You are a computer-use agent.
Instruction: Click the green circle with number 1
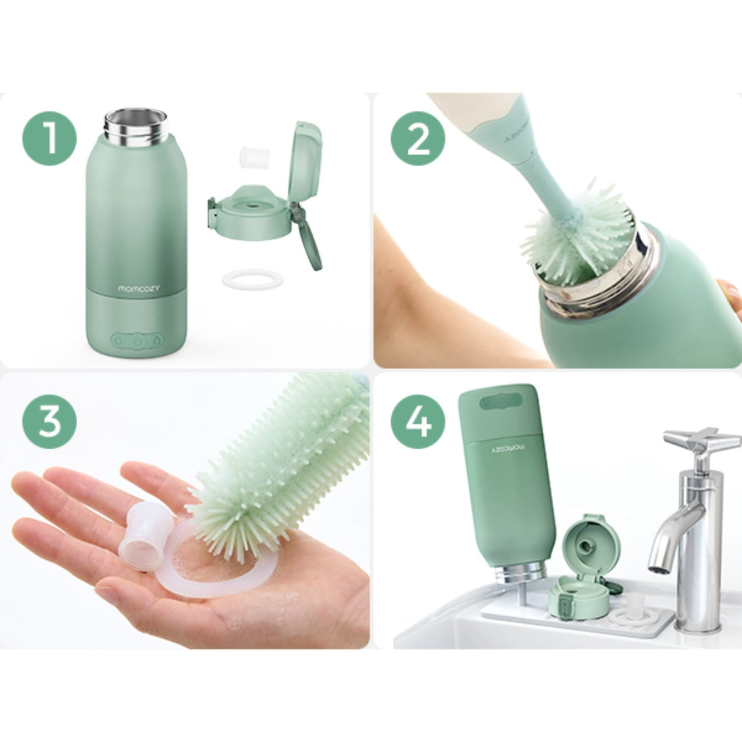(50, 138)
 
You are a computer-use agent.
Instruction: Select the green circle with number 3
(50, 419)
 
